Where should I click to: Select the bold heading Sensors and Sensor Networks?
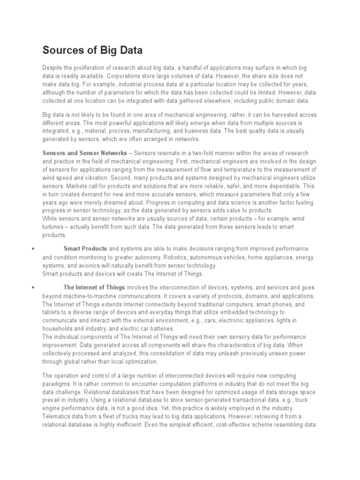84,153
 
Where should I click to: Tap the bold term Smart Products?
85,248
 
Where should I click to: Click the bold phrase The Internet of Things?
94,287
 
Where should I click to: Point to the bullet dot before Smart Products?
32,249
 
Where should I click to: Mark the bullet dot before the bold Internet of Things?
32,288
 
